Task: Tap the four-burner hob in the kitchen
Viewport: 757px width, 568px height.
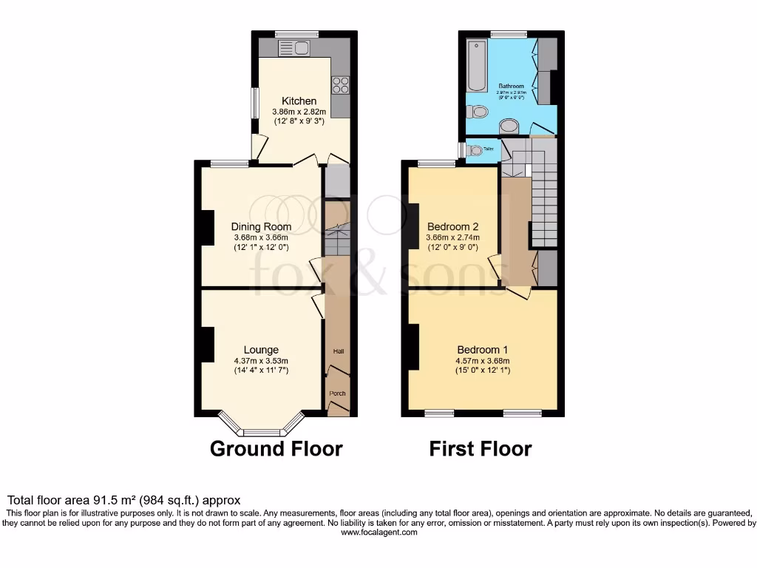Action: (x=340, y=85)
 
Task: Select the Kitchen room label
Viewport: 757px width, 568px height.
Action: (x=299, y=101)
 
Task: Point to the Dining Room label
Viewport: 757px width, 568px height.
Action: (x=261, y=227)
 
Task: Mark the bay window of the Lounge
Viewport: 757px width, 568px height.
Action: (x=262, y=428)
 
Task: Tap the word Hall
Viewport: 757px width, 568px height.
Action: (x=338, y=351)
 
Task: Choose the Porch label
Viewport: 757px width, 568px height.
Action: (x=338, y=393)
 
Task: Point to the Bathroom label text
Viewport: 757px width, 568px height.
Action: (x=511, y=86)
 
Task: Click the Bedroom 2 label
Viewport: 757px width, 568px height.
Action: (x=452, y=226)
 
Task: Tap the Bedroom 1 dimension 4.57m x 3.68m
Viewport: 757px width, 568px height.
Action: (x=482, y=361)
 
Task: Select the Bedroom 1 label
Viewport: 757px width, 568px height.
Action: (x=482, y=350)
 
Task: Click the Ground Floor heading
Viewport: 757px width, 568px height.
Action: (x=276, y=449)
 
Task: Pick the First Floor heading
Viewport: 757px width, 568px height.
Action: (x=481, y=449)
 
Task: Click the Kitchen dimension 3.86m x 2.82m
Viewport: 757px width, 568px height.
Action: (x=299, y=112)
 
